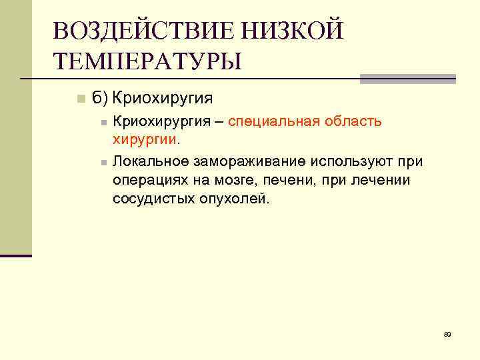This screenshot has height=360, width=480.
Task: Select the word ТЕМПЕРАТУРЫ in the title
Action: (x=147, y=61)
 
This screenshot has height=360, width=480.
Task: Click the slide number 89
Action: (x=447, y=334)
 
